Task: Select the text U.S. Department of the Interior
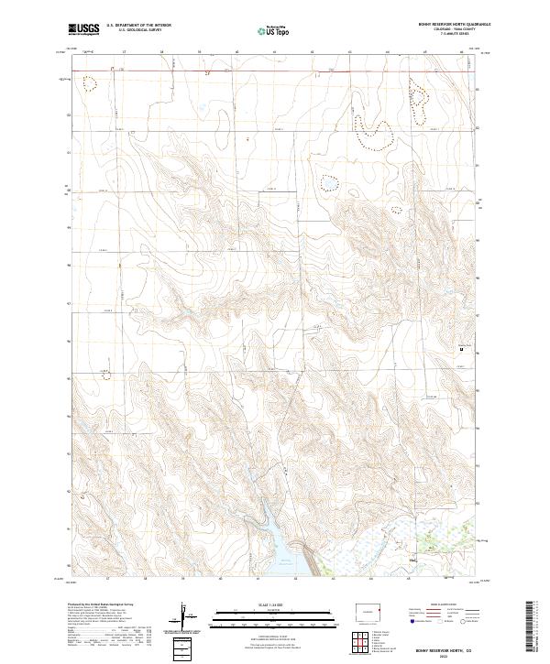pos(138,25)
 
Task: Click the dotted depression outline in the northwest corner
pos(89,83)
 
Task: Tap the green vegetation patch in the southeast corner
pos(449,531)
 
